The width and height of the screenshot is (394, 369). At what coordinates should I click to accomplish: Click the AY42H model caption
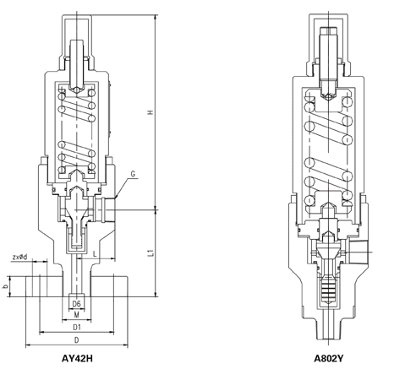77,358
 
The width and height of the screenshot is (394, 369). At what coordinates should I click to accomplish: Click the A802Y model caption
329,358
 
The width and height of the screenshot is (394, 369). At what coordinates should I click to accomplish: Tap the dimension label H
150,112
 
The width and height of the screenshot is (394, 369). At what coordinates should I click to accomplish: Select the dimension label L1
151,252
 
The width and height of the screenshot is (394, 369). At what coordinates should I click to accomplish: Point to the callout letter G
133,174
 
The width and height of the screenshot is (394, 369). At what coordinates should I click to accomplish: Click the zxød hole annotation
20,257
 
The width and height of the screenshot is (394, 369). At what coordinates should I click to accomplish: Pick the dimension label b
4,286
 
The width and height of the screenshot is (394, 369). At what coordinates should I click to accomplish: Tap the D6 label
77,304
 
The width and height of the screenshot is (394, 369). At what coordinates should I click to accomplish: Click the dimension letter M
77,315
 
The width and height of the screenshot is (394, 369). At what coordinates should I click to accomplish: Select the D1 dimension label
77,328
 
